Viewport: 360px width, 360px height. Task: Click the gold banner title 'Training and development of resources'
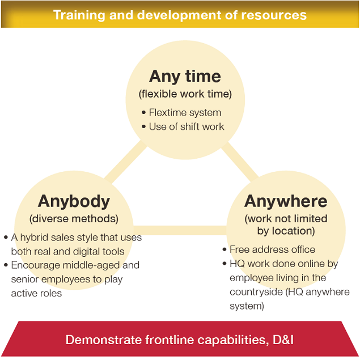pyautogui.click(x=180, y=15)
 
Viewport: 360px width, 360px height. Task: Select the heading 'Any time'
pyautogui.click(x=185, y=76)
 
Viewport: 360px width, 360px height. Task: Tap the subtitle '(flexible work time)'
pyautogui.click(x=185, y=94)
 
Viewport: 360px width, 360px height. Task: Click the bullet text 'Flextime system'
pyautogui.click(x=185, y=112)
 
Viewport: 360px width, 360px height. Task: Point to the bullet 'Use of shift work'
pyautogui.click(x=187, y=126)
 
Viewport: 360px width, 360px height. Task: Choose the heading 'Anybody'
pyautogui.click(x=74, y=202)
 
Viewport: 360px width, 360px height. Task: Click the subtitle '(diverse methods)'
pyautogui.click(x=74, y=219)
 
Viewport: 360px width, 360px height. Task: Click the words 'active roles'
pyautogui.click(x=36, y=293)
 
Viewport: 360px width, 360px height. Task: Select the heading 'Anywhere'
pyautogui.click(x=286, y=201)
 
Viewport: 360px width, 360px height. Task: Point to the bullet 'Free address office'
pyautogui.click(x=272, y=249)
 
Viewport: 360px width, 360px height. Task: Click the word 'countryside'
pyautogui.click(x=256, y=293)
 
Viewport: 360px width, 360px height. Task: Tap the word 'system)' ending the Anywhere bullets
pyautogui.click(x=247, y=306)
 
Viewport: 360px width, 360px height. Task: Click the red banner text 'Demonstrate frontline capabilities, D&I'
pyautogui.click(x=180, y=340)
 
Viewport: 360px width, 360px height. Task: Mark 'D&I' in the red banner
pyautogui.click(x=283, y=340)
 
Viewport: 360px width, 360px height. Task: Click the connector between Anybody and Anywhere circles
pyautogui.click(x=180, y=230)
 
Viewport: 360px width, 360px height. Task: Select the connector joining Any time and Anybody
pyautogui.click(x=126, y=162)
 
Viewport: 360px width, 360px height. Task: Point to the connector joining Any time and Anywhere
pyautogui.click(x=240, y=162)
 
